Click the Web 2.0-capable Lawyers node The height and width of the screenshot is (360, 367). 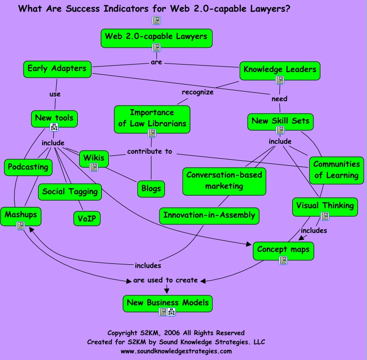coord(156,37)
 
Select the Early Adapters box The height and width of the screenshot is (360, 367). coord(57,69)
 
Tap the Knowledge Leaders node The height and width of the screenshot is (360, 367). coord(280,70)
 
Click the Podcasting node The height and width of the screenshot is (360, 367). coord(28,167)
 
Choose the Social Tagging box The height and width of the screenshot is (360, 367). coord(70,192)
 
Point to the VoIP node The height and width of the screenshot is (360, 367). coord(87,218)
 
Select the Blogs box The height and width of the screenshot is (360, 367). coord(151,189)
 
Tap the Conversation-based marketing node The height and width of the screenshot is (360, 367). coord(224,181)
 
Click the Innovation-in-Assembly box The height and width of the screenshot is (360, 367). coord(210,216)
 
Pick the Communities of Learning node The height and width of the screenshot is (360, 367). coord(336,170)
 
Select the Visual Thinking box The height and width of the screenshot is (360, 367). coord(324,206)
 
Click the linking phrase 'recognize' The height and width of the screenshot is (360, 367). coord(198,92)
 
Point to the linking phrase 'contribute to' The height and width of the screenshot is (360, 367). coord(149,151)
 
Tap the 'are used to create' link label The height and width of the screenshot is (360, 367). coord(165,280)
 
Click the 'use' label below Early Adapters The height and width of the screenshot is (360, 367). coord(55,94)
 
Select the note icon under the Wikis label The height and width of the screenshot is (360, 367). coord(94,167)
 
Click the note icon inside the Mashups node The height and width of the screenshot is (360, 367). coord(21,226)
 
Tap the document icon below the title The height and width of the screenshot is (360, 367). coord(156,21)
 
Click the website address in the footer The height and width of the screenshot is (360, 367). coord(176,351)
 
